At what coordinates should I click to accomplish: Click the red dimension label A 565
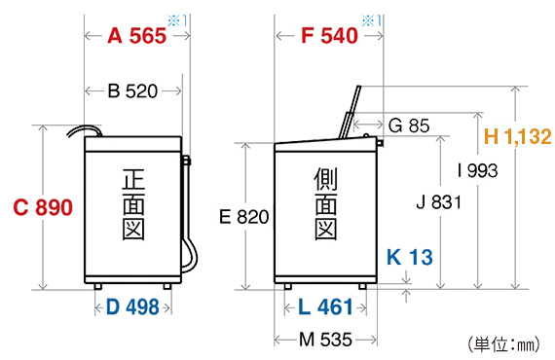tap(137, 36)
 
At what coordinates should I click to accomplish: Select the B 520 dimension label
tap(132, 91)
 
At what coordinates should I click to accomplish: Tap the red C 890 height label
tap(43, 207)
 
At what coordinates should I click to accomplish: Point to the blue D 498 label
tap(132, 306)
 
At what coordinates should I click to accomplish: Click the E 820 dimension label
tap(244, 217)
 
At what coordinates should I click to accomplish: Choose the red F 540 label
tap(329, 36)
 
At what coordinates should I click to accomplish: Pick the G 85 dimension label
tap(409, 126)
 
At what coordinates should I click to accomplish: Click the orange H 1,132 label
tap(517, 136)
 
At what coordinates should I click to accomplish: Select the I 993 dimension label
tap(477, 170)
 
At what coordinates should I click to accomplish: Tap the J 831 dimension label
tap(439, 202)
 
